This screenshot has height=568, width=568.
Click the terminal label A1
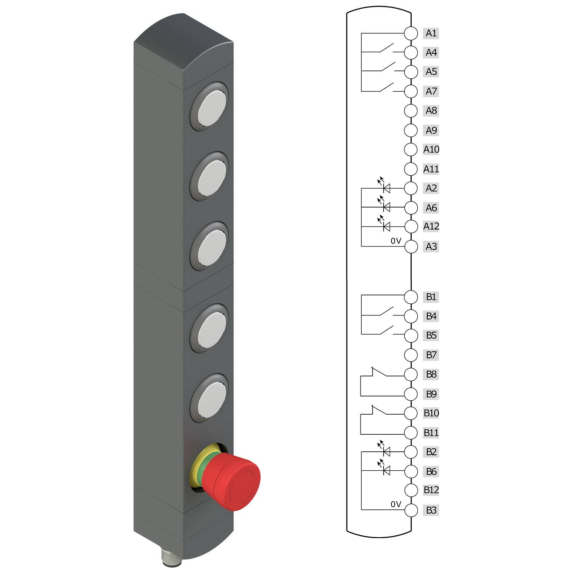click(x=431, y=33)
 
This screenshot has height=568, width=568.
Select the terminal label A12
click(x=431, y=226)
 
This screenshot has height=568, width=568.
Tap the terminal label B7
click(x=431, y=355)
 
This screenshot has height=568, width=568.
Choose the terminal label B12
click(x=431, y=490)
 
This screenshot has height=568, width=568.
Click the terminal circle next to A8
click(x=410, y=111)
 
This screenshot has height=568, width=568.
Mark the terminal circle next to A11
click(x=410, y=169)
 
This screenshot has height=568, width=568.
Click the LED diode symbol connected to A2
click(x=386, y=188)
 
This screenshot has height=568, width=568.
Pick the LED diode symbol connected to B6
click(x=386, y=471)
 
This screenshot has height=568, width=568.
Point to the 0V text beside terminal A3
click(x=396, y=241)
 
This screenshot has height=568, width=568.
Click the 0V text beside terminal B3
click(x=396, y=504)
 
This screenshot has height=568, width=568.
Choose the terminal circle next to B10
click(x=410, y=413)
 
